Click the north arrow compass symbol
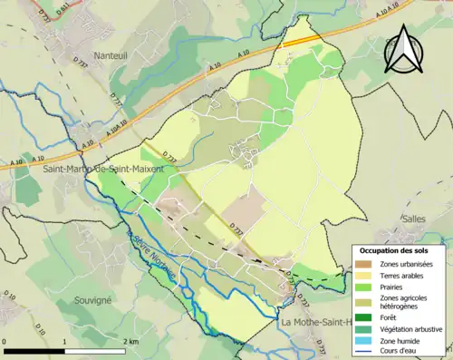point(402,49)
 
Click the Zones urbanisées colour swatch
point(365,264)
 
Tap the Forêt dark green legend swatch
point(365,317)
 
